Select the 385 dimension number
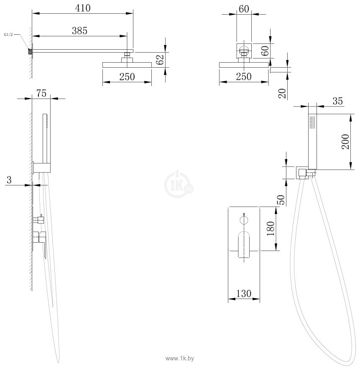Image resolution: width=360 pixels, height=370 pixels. tap(79, 30)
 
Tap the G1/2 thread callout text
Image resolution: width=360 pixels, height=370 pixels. tap(9, 35)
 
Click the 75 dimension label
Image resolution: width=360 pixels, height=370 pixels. tap(41, 94)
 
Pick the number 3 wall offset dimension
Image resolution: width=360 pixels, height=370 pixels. tap(9, 180)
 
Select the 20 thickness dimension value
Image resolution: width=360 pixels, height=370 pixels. tap(283, 94)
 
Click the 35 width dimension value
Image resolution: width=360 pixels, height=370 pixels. tap(338, 101)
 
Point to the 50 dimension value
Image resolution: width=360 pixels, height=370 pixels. tap(282, 200)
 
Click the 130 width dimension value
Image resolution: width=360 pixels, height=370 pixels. tap(244, 294)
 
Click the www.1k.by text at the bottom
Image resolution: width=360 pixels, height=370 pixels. tap(180, 359)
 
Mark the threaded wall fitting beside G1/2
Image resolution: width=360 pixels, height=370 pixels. tap(30, 52)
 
